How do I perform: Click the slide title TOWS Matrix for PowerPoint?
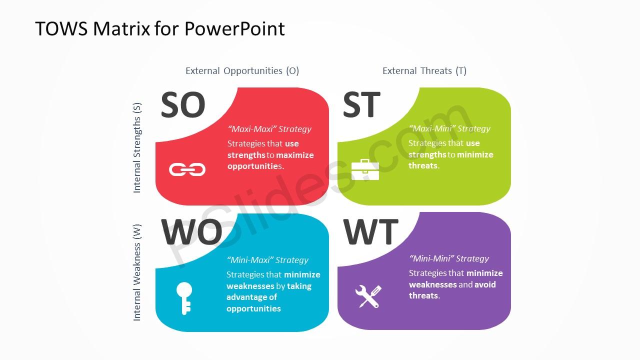click(x=160, y=29)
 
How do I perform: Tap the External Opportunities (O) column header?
click(x=242, y=71)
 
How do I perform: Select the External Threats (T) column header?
click(x=424, y=71)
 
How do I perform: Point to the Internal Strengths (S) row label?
click(x=137, y=147)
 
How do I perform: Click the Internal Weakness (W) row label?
click(x=137, y=272)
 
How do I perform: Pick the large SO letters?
click(x=183, y=104)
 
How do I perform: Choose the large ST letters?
click(x=361, y=104)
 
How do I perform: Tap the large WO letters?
click(x=191, y=231)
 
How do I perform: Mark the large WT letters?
click(x=370, y=231)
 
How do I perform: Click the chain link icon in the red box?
click(x=187, y=169)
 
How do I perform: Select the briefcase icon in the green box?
click(x=365, y=169)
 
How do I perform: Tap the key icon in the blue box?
click(x=184, y=298)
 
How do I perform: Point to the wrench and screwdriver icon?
click(x=368, y=296)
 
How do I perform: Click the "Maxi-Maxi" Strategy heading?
click(x=269, y=129)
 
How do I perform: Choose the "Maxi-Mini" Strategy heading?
click(x=449, y=128)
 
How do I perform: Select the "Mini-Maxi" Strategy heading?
click(x=267, y=260)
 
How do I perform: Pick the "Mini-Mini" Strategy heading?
click(x=449, y=258)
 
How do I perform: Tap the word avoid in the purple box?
click(x=485, y=284)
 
